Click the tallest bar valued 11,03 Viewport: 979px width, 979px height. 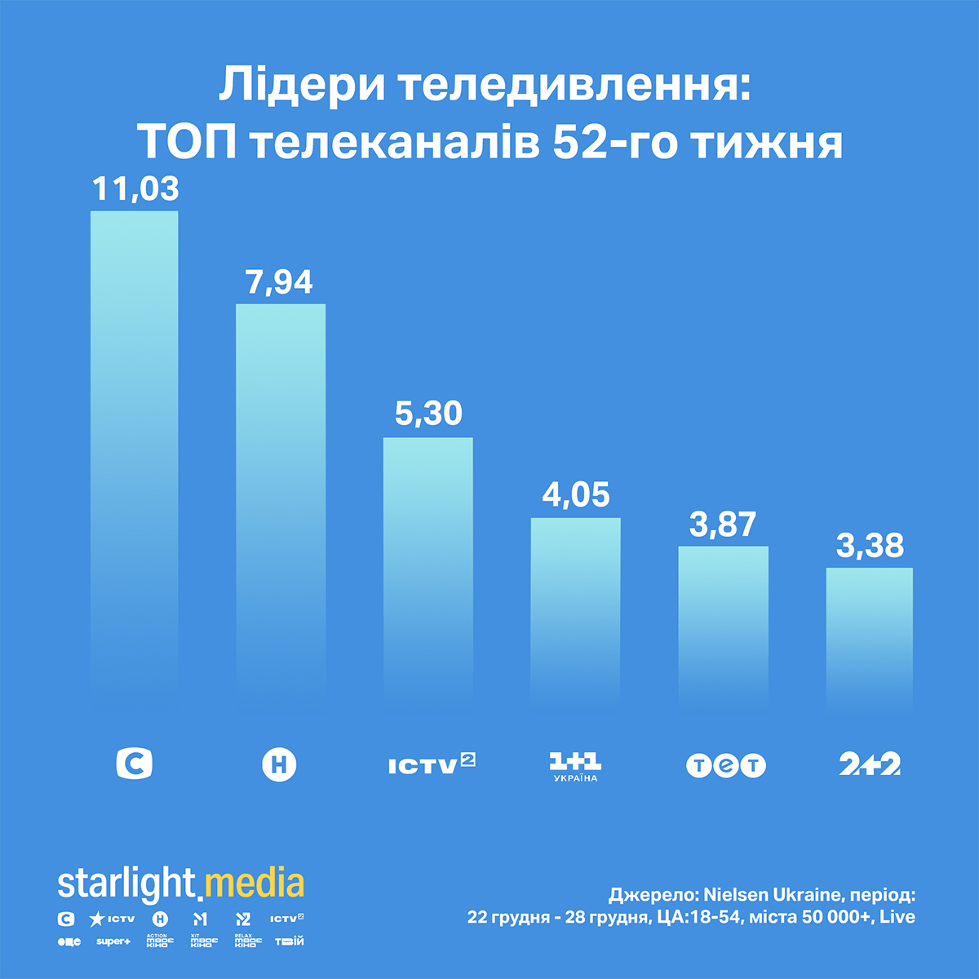point(134,457)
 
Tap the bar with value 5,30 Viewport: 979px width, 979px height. point(428,571)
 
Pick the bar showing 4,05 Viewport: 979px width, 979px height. point(575,612)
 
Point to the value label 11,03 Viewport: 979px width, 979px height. point(135,189)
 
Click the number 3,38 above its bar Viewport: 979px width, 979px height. point(870,546)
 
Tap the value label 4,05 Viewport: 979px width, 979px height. point(576,495)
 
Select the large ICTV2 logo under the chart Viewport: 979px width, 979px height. point(432,764)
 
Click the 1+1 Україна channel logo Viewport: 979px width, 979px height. point(575,767)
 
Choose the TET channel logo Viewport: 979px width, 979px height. point(726,765)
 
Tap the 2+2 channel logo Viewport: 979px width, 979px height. point(870,764)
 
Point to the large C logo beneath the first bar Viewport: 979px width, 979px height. point(135,764)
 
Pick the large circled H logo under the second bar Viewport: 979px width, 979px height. point(279,765)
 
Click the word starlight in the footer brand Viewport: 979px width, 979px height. point(126,884)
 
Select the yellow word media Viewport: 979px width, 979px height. point(255,884)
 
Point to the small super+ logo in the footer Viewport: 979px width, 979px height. point(113,941)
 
